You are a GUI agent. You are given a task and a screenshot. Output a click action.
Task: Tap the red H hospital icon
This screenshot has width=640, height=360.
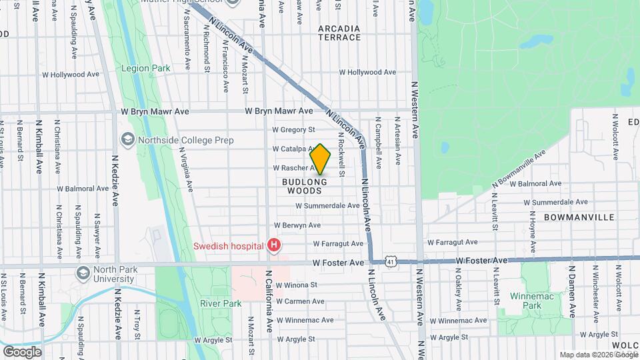(x=273, y=246)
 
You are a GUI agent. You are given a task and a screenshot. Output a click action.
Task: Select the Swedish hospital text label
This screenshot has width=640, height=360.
(x=229, y=246)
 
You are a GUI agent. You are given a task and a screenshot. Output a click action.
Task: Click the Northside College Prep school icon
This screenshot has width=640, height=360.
(x=127, y=139)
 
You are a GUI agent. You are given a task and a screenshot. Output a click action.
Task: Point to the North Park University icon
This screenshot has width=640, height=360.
(x=83, y=273)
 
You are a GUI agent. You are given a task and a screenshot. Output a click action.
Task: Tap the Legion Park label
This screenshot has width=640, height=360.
(x=145, y=68)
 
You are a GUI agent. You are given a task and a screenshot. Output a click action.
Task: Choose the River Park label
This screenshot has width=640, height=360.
(x=221, y=303)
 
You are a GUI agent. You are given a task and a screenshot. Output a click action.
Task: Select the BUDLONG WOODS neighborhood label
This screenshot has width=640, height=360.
(x=304, y=186)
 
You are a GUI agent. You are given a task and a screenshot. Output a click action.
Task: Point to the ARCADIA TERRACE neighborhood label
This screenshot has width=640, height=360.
(x=339, y=33)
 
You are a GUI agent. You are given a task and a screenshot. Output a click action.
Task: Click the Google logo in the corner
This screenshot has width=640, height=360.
(x=22, y=351)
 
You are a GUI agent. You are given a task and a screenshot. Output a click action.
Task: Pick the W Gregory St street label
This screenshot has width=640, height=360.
(x=293, y=129)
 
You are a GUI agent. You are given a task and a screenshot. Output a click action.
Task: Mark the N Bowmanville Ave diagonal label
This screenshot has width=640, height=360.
(x=519, y=167)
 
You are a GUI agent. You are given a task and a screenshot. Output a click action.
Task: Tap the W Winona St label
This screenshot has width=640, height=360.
(x=294, y=285)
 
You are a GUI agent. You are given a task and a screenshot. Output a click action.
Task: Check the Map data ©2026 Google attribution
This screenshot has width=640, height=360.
(x=598, y=355)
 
